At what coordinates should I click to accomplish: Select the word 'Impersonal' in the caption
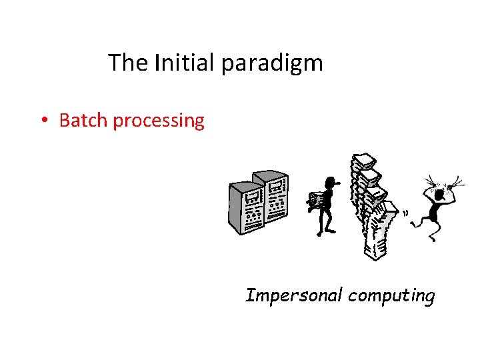click(x=293, y=295)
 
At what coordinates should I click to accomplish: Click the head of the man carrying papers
click(x=328, y=183)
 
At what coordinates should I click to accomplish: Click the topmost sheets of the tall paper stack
click(x=363, y=160)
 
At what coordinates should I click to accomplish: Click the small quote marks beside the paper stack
click(x=405, y=213)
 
